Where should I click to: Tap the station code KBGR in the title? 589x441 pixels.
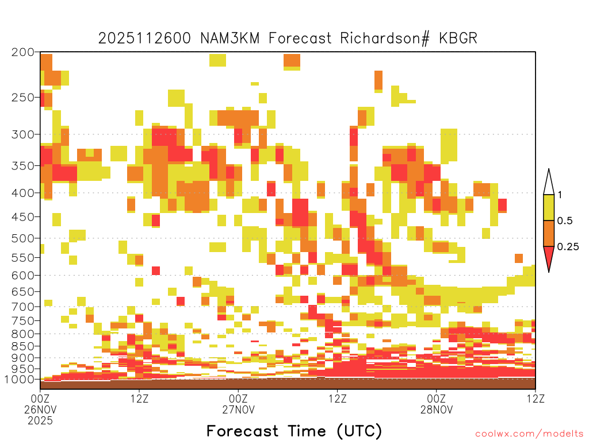click(x=458, y=38)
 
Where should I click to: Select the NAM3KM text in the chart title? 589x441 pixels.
click(x=230, y=38)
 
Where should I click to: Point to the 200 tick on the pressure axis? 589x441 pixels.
click(x=23, y=52)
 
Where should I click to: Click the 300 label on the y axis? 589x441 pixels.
click(x=23, y=134)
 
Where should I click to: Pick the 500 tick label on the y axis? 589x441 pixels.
click(x=23, y=238)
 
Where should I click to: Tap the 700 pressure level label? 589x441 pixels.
click(x=23, y=307)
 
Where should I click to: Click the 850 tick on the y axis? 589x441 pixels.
click(x=23, y=346)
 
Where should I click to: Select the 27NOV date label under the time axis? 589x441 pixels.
click(x=239, y=409)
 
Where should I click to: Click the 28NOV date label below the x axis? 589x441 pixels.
click(x=437, y=409)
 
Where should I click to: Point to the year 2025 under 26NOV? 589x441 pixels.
click(x=40, y=421)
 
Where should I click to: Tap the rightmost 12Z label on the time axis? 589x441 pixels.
click(x=536, y=399)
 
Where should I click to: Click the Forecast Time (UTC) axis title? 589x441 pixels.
click(x=294, y=431)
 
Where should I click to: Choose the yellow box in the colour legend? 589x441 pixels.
click(x=549, y=207)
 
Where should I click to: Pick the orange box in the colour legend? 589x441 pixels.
click(x=549, y=233)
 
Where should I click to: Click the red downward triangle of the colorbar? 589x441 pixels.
click(x=549, y=257)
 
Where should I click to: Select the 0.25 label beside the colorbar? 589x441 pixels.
click(x=568, y=246)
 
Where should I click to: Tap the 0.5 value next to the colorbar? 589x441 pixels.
click(x=565, y=220)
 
